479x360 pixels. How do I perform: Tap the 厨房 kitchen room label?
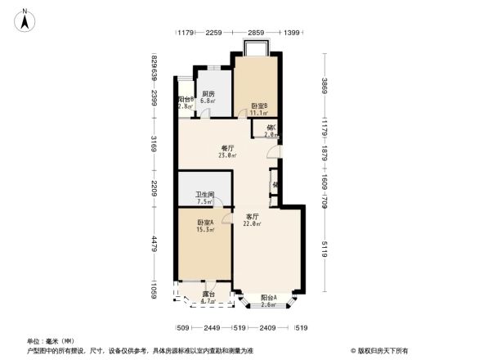208,94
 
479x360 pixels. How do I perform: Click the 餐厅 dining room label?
228,149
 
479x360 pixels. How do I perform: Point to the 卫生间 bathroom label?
204,195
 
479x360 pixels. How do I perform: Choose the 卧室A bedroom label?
205,223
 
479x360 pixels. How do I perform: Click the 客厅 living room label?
253,217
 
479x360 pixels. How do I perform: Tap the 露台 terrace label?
208,295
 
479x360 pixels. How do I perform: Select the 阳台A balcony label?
268,298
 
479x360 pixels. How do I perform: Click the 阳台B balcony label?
186,100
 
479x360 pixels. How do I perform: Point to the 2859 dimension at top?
256,32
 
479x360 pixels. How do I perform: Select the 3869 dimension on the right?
324,85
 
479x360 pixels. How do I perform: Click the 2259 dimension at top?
214,32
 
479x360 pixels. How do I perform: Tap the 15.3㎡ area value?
205,230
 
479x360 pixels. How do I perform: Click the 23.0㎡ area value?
228,156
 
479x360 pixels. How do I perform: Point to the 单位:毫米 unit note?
44,340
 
